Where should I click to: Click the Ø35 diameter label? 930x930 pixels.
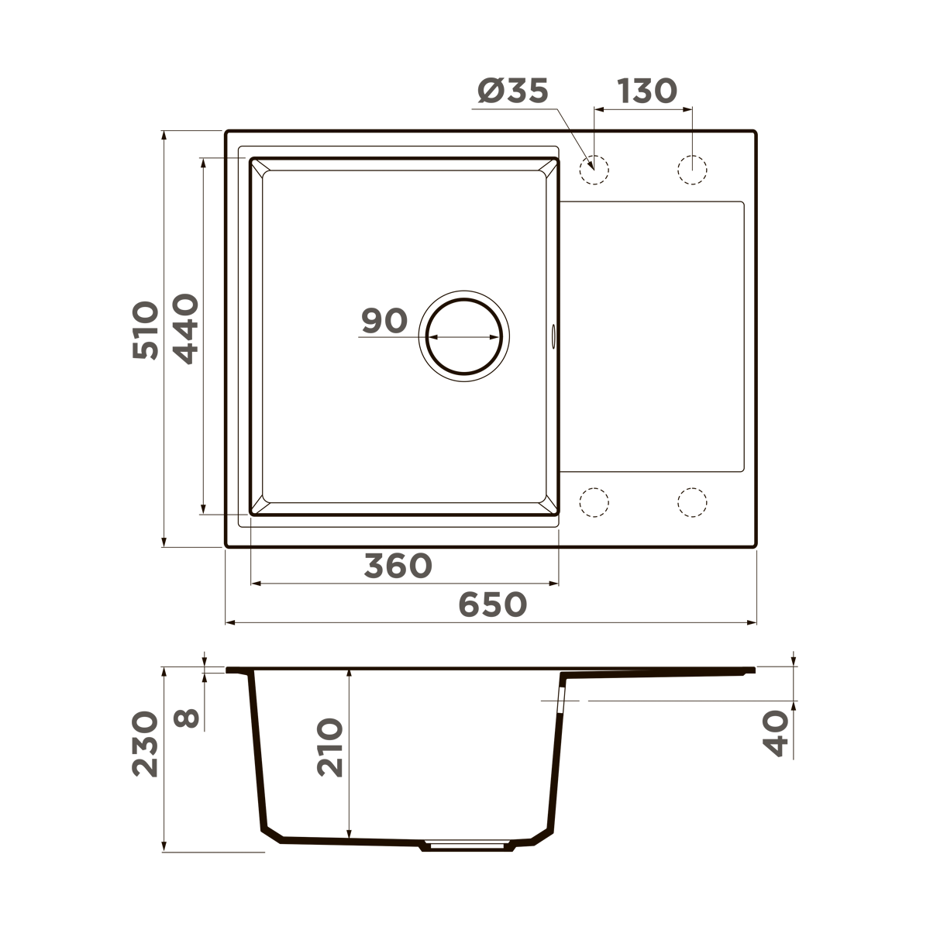(x=513, y=91)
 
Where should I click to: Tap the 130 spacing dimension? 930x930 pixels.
(x=647, y=91)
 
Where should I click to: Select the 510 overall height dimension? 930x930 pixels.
(x=145, y=330)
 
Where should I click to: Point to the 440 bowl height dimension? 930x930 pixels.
(x=186, y=330)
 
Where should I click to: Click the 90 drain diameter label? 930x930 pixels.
(x=384, y=321)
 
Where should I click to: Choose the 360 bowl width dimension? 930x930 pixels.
(x=398, y=567)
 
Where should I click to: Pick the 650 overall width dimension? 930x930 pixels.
(x=493, y=605)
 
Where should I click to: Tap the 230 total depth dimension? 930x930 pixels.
(x=145, y=745)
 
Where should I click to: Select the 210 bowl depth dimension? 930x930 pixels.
(x=329, y=748)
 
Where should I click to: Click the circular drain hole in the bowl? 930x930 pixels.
(x=464, y=338)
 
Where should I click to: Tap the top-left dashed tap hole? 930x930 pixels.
(x=594, y=169)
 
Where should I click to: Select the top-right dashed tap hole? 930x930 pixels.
(x=692, y=169)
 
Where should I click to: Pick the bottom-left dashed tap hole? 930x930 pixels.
(x=594, y=502)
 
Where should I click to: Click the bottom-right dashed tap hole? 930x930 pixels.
(x=692, y=502)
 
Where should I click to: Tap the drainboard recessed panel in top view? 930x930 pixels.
(x=651, y=337)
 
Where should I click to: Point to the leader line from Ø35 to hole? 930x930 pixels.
(x=573, y=136)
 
